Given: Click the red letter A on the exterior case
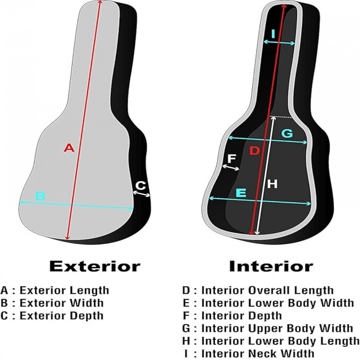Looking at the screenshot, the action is (x=69, y=148).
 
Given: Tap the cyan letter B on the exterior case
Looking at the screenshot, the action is (x=41, y=196).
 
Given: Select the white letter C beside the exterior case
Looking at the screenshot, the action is (x=140, y=185).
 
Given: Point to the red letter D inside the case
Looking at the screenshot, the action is (x=255, y=150).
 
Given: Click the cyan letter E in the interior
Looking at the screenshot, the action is (x=241, y=193).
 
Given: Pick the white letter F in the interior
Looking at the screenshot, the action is (x=231, y=159).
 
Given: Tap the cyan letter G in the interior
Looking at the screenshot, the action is (x=287, y=133).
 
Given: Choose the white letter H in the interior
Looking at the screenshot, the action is (x=272, y=184).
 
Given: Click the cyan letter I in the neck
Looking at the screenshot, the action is (x=273, y=34).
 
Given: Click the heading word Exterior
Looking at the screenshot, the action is (x=95, y=266).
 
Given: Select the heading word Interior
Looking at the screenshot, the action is (x=271, y=266).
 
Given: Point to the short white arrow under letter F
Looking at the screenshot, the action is (x=231, y=167).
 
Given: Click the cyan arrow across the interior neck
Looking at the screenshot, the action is (x=279, y=42).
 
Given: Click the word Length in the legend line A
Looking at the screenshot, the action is (x=89, y=291).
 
